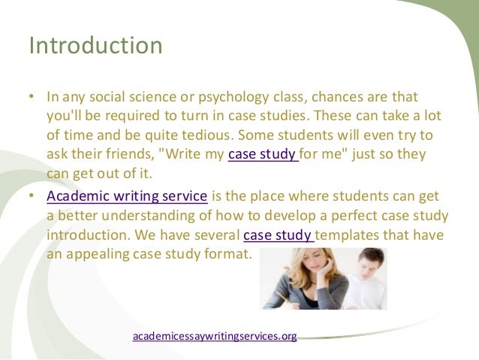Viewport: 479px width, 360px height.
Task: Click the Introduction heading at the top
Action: tap(95, 46)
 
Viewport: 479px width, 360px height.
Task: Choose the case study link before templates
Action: tap(279, 234)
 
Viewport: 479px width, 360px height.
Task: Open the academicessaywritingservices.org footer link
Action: tap(215, 336)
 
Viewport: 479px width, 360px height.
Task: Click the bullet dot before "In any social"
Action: tap(32, 98)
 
